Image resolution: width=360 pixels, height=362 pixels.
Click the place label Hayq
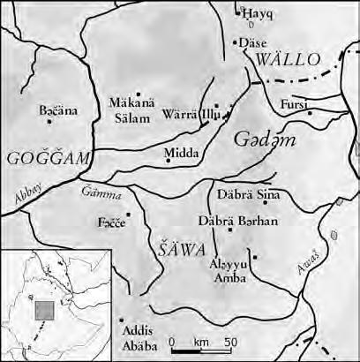(258, 15)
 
